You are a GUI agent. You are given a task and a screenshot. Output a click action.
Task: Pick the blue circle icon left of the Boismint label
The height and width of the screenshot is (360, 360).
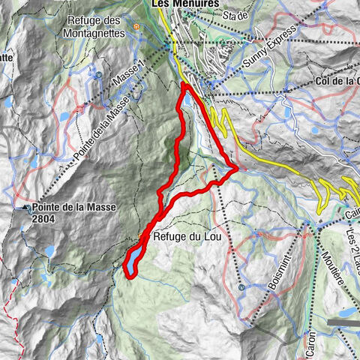(241, 286)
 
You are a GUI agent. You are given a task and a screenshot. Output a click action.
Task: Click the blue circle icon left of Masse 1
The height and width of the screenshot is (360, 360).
(98, 75)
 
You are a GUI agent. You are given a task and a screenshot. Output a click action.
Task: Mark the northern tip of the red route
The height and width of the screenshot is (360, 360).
(183, 85)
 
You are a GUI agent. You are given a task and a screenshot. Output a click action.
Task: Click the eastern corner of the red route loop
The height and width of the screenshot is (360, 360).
(236, 169)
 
